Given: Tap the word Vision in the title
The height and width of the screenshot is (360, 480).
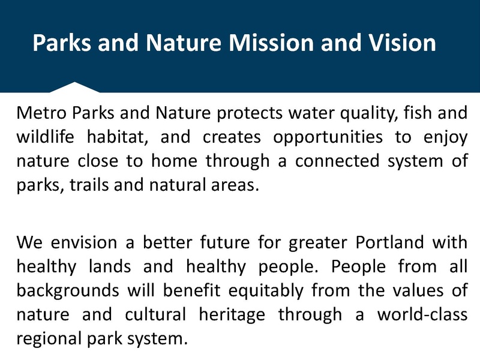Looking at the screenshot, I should (399, 43).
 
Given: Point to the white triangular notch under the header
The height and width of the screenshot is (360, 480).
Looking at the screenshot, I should (74, 88).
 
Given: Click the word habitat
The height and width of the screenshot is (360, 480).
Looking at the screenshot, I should (122, 137).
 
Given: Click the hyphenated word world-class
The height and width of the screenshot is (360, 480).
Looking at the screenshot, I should (422, 315).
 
